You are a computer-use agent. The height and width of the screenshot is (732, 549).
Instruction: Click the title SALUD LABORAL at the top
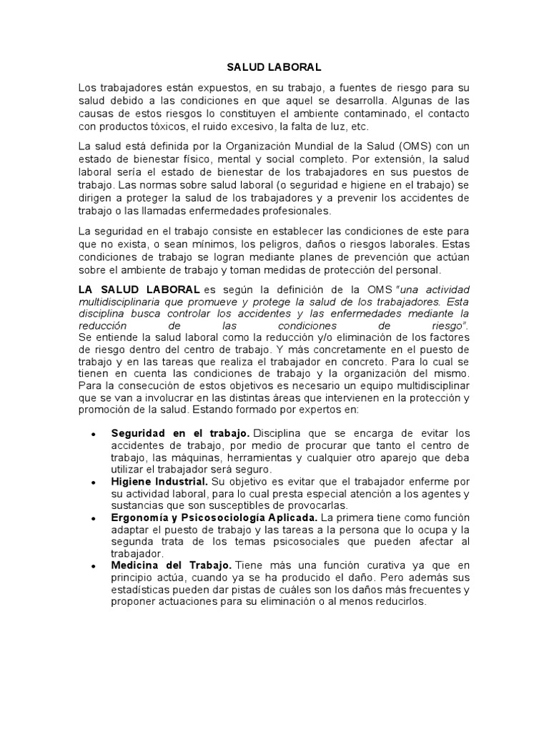click(274, 68)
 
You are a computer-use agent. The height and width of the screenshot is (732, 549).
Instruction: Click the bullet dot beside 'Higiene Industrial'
click(94, 483)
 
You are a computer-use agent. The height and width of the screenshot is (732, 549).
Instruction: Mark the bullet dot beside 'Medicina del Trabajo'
click(94, 565)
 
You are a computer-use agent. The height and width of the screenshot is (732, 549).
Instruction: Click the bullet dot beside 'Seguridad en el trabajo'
click(94, 434)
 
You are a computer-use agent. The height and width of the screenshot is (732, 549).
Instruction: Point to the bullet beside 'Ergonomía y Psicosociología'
click(94, 517)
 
